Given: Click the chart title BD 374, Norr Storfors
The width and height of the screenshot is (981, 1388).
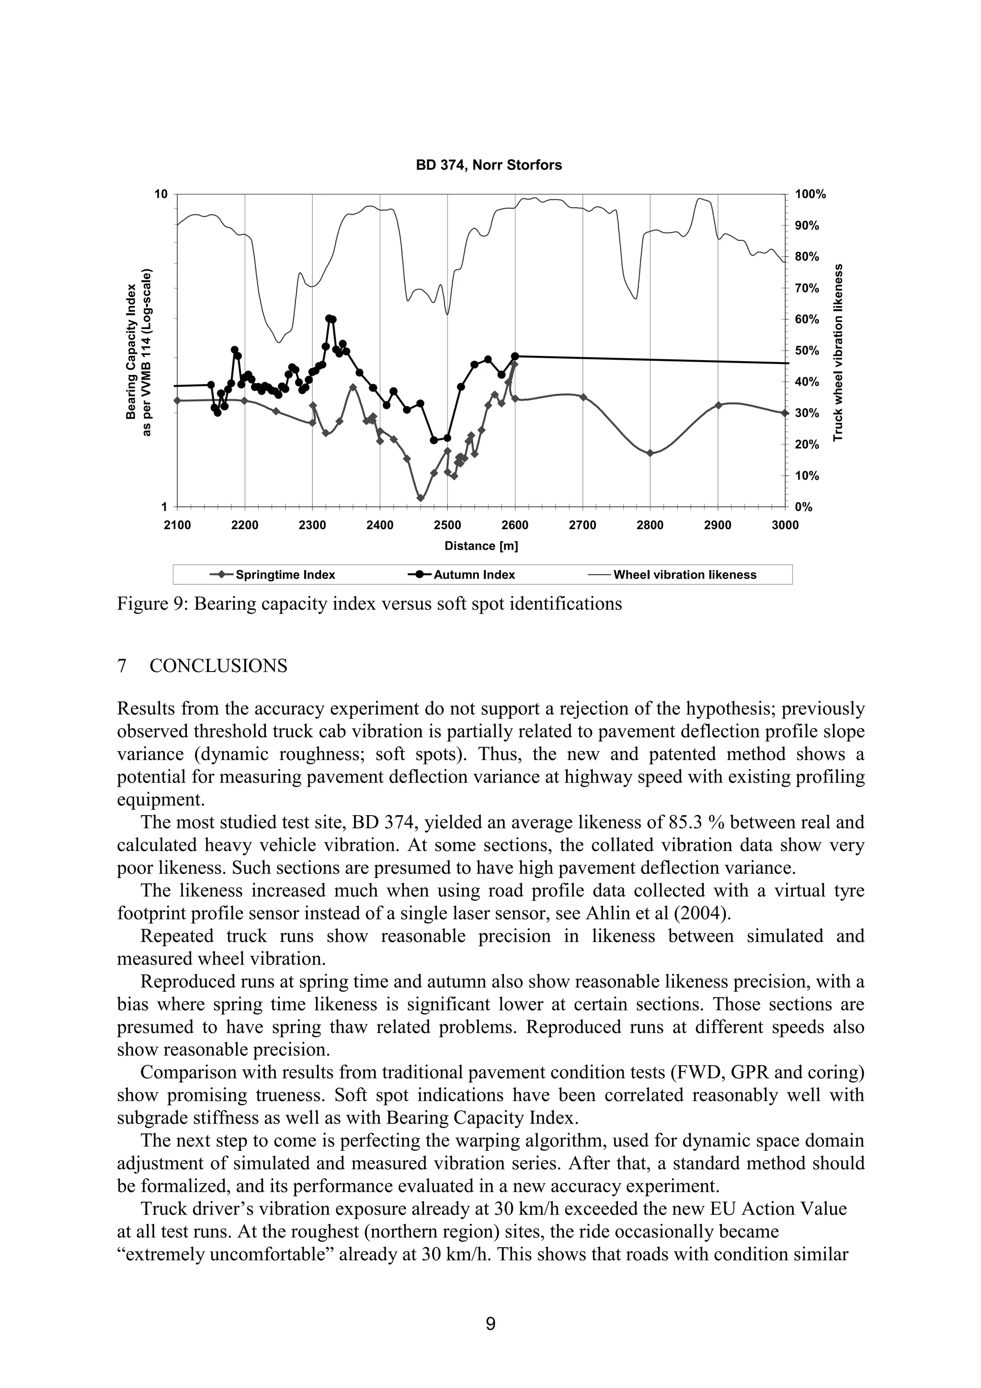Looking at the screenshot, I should pyautogui.click(x=489, y=165).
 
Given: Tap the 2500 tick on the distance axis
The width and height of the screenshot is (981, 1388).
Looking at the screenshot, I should pyautogui.click(x=447, y=525).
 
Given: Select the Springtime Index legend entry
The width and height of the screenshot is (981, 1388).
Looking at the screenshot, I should pyautogui.click(x=273, y=575).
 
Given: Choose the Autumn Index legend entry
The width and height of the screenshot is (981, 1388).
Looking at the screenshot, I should pyautogui.click(x=462, y=575).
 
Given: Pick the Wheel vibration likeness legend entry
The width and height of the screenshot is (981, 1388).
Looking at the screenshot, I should pyautogui.click(x=672, y=575).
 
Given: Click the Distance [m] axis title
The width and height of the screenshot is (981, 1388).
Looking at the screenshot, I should pyautogui.click(x=481, y=546).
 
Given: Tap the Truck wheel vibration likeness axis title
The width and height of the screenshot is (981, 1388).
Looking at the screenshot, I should pyautogui.click(x=838, y=352).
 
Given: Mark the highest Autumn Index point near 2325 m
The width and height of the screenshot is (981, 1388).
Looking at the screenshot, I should pyautogui.click(x=329, y=318).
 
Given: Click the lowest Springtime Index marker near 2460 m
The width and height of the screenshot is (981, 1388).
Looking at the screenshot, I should pyautogui.click(x=421, y=498).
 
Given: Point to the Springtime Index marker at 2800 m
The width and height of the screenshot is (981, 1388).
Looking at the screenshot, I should pyautogui.click(x=650, y=453).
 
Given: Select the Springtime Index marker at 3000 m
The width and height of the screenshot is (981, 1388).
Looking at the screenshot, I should pyautogui.click(x=785, y=413).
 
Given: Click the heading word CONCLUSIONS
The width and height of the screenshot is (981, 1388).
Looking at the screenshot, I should pyautogui.click(x=218, y=666).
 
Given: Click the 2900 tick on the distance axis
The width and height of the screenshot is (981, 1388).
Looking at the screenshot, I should pyautogui.click(x=718, y=525).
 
